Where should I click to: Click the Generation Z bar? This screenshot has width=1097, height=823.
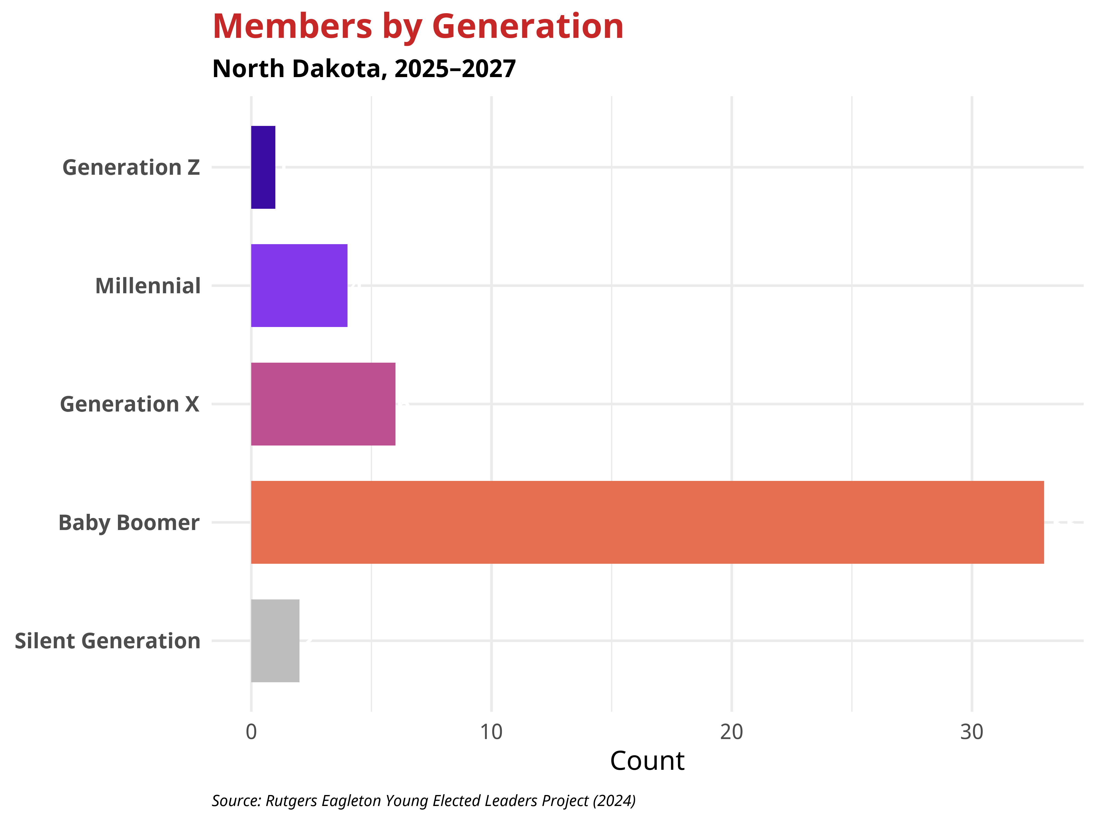coord(263,167)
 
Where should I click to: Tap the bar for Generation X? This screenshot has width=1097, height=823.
coord(323,404)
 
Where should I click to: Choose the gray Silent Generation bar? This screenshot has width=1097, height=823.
coord(275,641)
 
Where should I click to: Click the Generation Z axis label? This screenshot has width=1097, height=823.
coord(131,168)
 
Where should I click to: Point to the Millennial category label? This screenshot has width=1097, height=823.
coord(148,286)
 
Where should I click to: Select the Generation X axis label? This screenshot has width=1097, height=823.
coord(129,404)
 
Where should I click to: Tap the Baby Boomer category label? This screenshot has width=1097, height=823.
coord(129,523)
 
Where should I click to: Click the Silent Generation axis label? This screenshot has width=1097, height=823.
coord(108,641)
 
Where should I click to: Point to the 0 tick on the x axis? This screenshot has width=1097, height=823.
coord(251,732)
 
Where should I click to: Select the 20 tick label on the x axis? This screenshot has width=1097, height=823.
coord(731,732)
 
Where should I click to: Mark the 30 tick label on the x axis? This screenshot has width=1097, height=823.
coord(971,732)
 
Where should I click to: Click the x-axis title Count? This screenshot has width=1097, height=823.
coord(647,761)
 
